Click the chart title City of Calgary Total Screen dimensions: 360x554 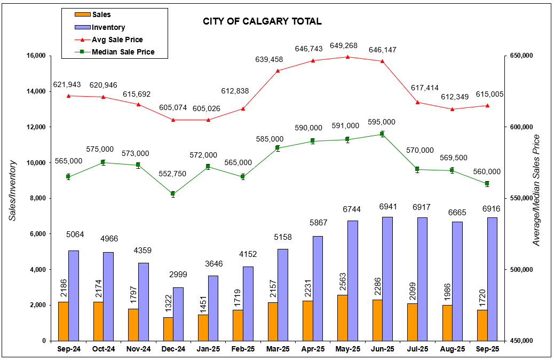[x=262, y=22]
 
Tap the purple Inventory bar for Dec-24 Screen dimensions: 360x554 [x=178, y=314]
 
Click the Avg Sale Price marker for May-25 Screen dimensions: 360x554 [x=347, y=57]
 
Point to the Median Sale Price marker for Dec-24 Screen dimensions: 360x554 [x=173, y=194]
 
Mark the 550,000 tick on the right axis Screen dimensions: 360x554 [x=520, y=198]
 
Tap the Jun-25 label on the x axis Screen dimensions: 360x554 [x=382, y=349]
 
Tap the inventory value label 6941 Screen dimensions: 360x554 [x=387, y=206]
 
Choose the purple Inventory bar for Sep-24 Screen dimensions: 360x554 [x=74, y=295]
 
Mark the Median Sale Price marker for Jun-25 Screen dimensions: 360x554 [x=382, y=134]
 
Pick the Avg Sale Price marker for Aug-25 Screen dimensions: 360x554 [x=452, y=109]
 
